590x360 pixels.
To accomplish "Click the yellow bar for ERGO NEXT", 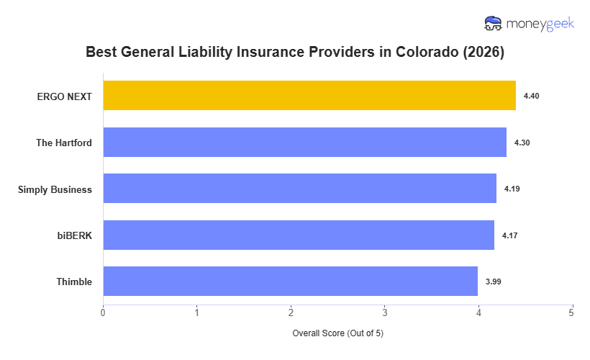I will point(309,96).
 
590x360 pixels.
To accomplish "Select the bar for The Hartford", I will point(304,143).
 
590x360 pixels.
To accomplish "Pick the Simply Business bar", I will point(299,189).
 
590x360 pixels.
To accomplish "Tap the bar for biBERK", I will point(299,235).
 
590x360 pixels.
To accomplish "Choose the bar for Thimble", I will point(290,282).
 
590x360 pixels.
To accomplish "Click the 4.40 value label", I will point(531,96).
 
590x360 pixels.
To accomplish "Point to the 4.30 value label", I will point(522,143).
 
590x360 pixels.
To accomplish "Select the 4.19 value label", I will point(512,189).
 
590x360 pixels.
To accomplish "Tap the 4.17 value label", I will point(509,235).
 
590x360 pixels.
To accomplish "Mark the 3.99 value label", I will point(493,282).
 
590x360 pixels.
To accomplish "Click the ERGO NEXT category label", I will point(65,96).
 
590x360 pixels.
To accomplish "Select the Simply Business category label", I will point(55,189).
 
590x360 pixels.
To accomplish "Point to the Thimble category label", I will point(74,282).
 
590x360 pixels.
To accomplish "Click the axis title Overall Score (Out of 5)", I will point(337,334).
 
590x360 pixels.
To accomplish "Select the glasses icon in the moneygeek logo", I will point(494,24).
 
